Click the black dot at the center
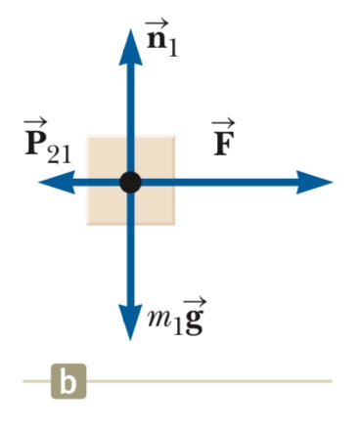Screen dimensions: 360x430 [x=130, y=183]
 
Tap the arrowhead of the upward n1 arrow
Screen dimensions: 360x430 [x=131, y=47]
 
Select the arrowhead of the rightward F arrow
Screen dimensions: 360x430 [x=314, y=182]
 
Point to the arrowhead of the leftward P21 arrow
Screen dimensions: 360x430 [x=57, y=182]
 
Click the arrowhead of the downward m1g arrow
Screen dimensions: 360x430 [x=130, y=322]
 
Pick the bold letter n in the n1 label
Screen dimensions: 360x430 [x=156, y=40]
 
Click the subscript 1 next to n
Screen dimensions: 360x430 [x=173, y=49]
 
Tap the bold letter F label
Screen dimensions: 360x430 [x=224, y=145]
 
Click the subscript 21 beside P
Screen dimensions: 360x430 [x=59, y=153]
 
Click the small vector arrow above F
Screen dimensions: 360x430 [x=223, y=124]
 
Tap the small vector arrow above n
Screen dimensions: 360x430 [x=157, y=23]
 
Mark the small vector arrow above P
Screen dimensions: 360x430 [x=35, y=124]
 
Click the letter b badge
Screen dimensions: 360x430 [x=68, y=381]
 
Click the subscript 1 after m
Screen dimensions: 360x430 [x=176, y=327]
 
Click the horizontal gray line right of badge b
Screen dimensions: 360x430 [x=209, y=381]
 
